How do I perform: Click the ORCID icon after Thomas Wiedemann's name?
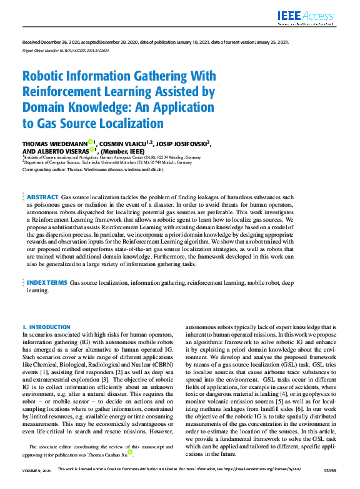coord(91,142)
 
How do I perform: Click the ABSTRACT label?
coord(43,197)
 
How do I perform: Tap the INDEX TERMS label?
coord(47,283)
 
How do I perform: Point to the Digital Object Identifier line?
coord(66,50)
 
